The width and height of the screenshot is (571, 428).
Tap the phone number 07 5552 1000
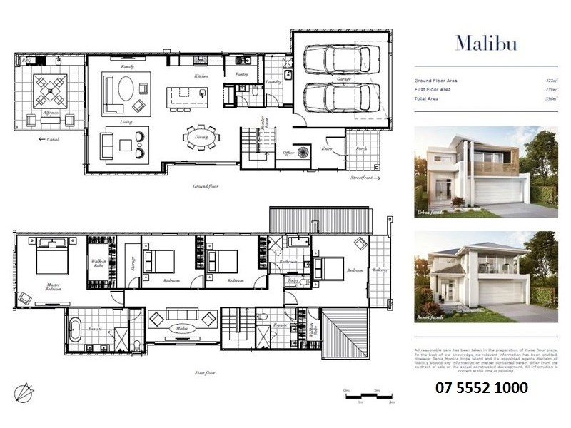[482, 388]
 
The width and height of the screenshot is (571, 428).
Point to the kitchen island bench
[187, 96]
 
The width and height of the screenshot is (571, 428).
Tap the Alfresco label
[50, 113]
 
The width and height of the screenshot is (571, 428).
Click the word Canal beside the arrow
[54, 139]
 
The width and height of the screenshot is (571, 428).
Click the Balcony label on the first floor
[380, 270]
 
